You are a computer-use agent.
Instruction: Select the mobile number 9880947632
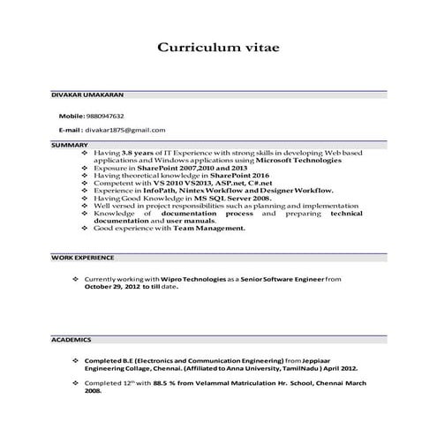[105, 116]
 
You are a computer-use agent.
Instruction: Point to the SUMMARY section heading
[69, 144]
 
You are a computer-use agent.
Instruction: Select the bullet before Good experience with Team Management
[84, 228]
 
